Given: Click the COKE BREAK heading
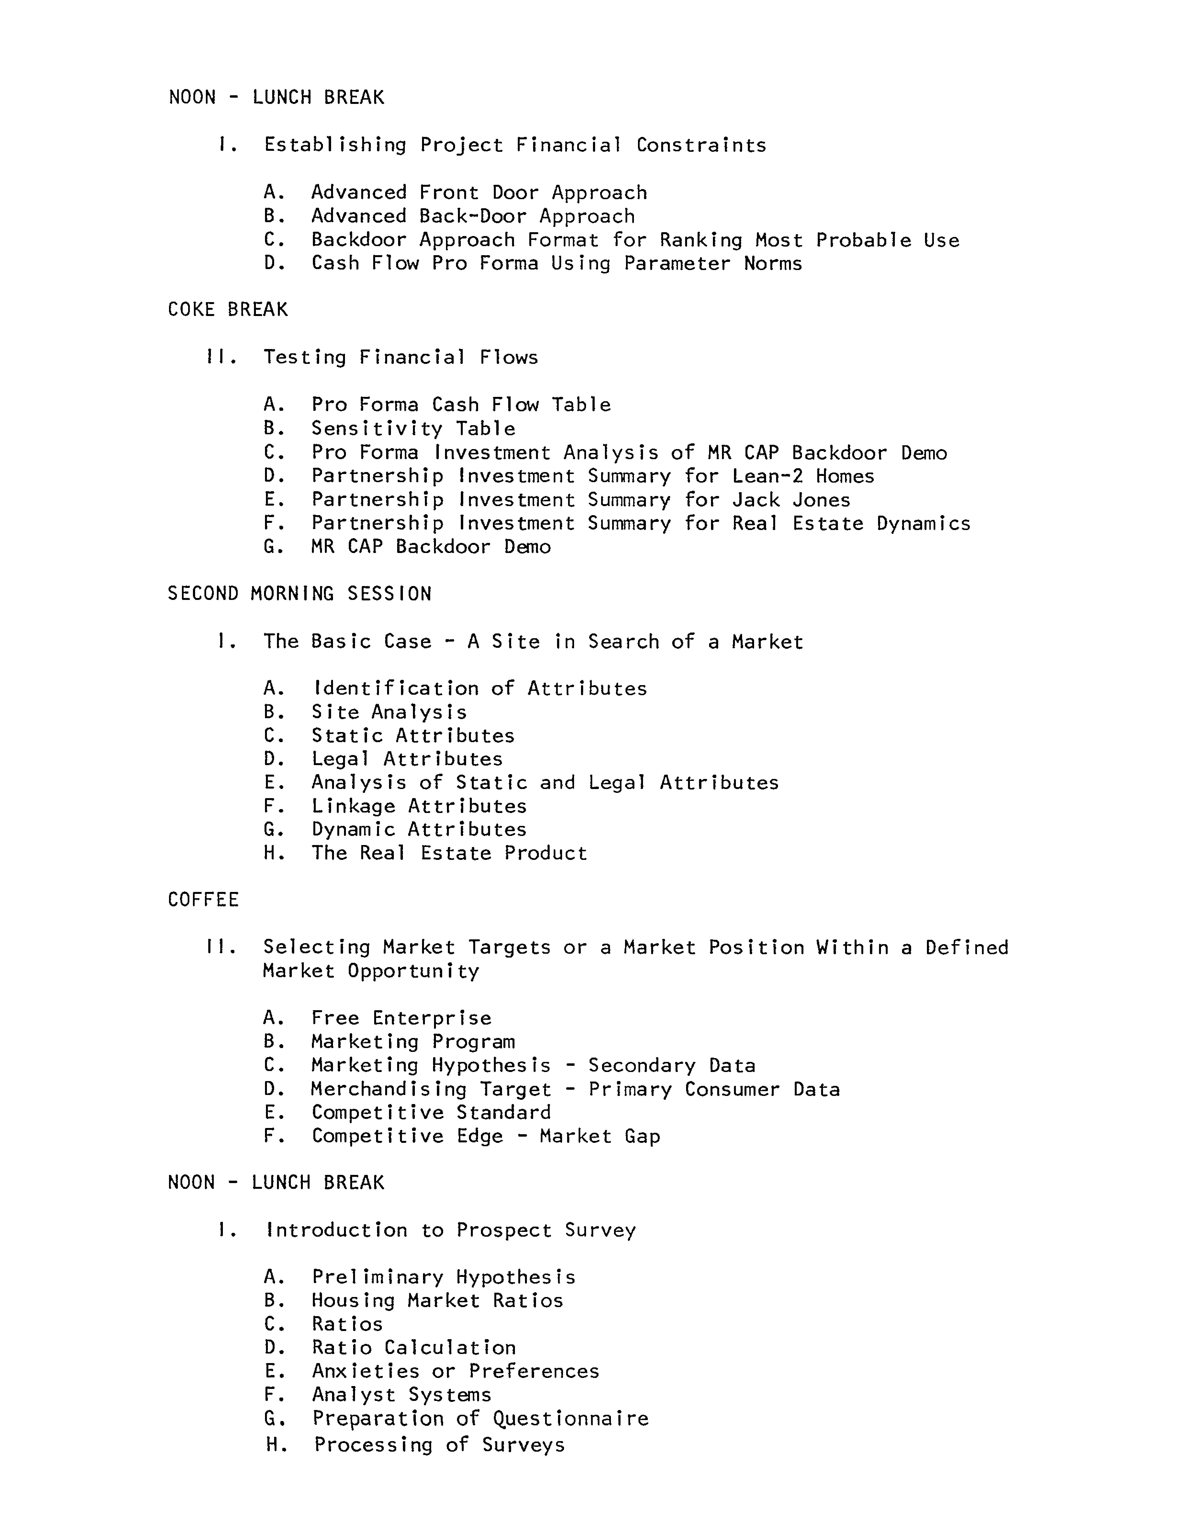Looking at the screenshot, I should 227,310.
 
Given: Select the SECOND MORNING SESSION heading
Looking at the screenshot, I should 299,594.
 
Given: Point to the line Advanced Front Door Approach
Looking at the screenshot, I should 479,192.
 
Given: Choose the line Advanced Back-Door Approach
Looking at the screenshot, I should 473,216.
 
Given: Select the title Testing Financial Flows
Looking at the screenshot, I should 400,357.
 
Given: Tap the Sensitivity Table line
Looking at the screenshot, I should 413,428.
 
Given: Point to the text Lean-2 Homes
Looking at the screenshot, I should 803,476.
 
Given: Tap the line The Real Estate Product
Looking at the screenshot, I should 449,853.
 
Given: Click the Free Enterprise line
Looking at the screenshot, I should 401,1018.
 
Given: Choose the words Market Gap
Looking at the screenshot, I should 600,1136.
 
